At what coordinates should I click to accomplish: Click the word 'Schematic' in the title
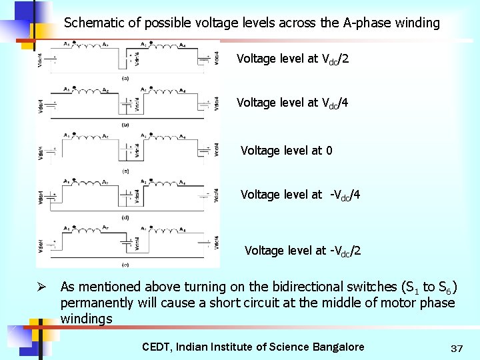93,23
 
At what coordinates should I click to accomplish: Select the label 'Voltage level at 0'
286,151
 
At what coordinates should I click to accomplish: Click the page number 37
457,348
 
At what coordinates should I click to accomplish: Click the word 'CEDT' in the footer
157,347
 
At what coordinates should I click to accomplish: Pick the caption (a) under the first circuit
125,79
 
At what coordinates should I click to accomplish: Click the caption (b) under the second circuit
125,125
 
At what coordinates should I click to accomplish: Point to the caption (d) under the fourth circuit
125,217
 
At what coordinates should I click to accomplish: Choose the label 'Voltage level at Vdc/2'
292,59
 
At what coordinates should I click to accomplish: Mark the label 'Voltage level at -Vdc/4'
300,195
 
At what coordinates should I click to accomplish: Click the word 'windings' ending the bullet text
87,319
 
